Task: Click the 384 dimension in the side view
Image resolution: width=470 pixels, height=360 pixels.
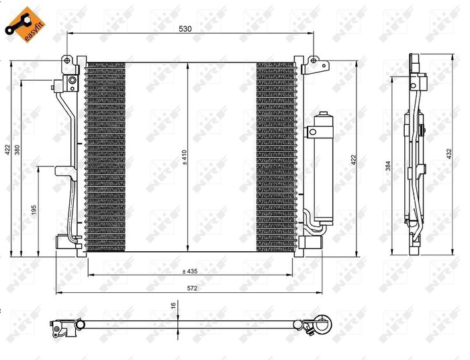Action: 389,165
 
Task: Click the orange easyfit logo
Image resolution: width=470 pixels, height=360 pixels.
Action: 19,20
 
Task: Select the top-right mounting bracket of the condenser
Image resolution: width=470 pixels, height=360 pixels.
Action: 313,65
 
